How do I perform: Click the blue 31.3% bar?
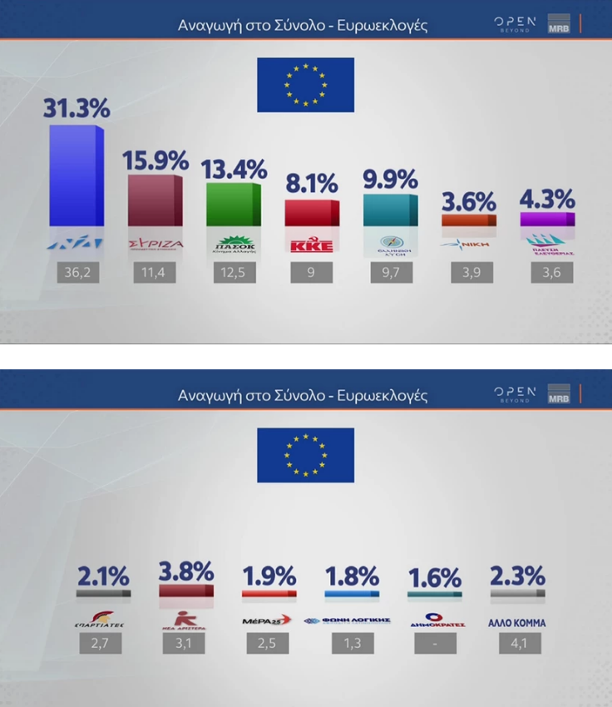[x=76, y=176]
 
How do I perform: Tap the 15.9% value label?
[x=155, y=160]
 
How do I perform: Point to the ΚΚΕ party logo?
[x=312, y=245]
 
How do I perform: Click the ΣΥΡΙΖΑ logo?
[x=155, y=245]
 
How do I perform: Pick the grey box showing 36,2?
[x=77, y=273]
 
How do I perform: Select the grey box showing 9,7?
[x=391, y=273]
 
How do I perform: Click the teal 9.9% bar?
[x=391, y=210]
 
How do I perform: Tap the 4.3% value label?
[x=547, y=200]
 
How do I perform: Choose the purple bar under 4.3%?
[x=547, y=219]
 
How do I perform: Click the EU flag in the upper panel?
[x=305, y=85]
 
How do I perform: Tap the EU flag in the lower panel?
[x=305, y=455]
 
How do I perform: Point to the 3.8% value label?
[x=186, y=571]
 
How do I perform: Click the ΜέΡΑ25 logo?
[x=267, y=620]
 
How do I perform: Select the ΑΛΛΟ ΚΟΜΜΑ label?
[x=518, y=622]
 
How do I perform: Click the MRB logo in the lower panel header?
[x=560, y=395]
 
